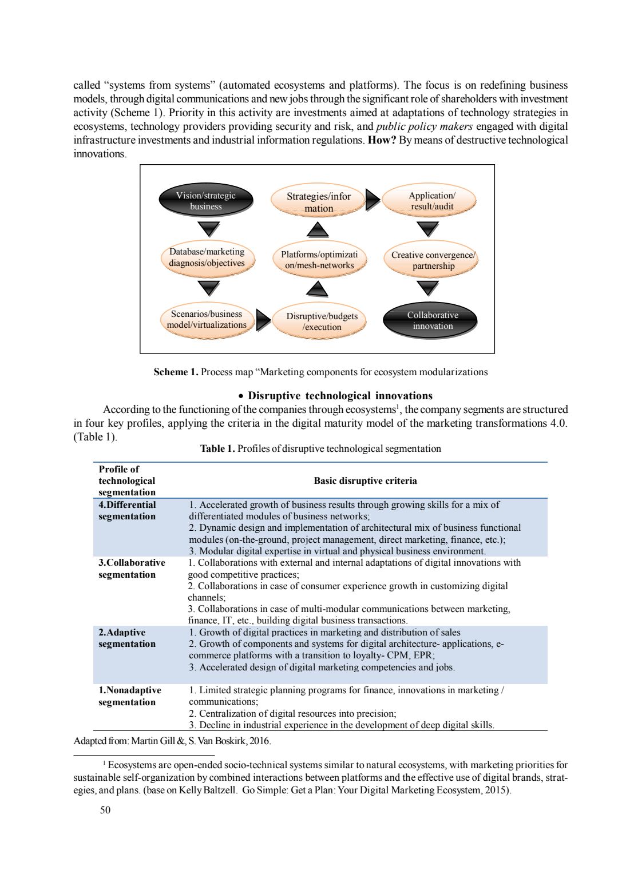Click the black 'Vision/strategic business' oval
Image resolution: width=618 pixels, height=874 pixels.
tap(206, 201)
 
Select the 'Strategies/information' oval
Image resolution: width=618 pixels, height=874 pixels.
tap(318, 202)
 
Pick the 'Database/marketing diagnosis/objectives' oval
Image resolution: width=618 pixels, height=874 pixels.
tap(207, 257)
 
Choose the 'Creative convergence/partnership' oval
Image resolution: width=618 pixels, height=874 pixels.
tap(433, 260)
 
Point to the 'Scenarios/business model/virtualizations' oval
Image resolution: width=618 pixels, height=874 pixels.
tap(207, 319)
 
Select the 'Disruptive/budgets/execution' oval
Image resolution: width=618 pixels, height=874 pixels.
tap(322, 321)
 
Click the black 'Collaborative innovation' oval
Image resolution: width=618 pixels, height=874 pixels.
tap(433, 320)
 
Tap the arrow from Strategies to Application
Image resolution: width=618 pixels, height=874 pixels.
tap(373, 200)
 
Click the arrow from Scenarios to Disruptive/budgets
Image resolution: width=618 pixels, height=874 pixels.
tap(263, 320)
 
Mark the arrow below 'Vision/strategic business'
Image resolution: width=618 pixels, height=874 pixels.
tap(208, 229)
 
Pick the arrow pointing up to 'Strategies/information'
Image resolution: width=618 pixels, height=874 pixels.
tap(318, 229)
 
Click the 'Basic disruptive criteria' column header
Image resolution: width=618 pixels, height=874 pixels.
tap(365, 480)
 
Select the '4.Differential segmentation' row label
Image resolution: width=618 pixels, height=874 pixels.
tap(127, 510)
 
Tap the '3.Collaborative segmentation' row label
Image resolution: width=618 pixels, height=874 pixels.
tap(132, 569)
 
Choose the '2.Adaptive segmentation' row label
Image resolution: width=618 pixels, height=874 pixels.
tap(127, 638)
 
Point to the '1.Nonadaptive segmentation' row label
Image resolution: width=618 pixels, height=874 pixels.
tap(130, 696)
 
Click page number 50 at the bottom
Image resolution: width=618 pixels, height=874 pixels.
tap(105, 809)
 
